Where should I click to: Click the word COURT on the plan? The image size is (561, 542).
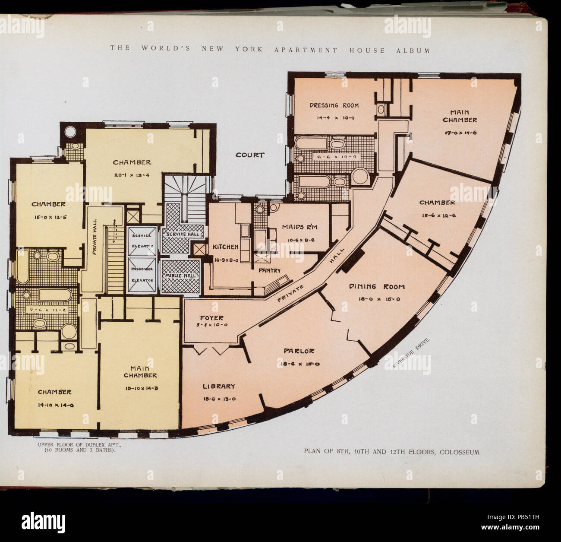(249, 154)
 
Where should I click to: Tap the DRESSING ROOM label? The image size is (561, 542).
(334, 105)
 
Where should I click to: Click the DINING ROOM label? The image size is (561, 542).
(377, 286)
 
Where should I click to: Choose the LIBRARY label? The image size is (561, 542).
(219, 386)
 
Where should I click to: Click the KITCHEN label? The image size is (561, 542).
(225, 247)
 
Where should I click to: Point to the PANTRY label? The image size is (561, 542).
(270, 271)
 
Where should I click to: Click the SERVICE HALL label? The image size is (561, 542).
(180, 234)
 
